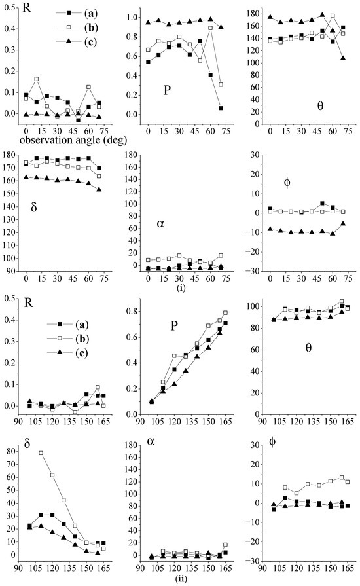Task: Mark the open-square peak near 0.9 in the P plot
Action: [210, 28]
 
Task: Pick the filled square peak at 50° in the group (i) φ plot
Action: [322, 203]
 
